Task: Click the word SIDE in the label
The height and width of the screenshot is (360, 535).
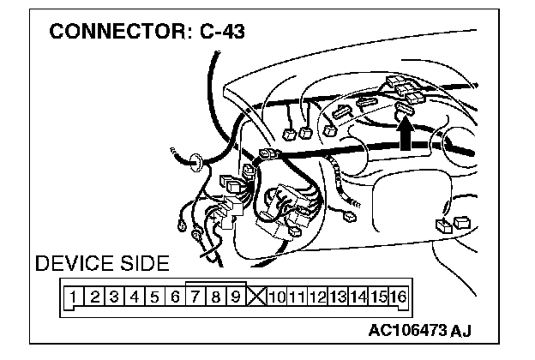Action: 142,263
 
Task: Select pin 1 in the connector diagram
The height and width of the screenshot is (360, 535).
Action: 75,297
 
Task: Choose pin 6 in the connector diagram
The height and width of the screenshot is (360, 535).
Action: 175,297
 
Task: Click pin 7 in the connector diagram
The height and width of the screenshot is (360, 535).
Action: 195,297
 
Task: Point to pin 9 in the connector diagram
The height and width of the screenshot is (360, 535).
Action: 235,297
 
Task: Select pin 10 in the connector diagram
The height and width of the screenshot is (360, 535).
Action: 275,297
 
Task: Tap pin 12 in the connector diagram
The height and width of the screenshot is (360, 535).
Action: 316,297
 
